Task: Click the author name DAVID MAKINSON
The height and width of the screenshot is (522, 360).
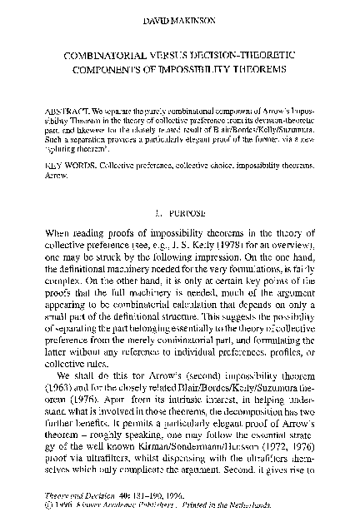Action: (x=181, y=17)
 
